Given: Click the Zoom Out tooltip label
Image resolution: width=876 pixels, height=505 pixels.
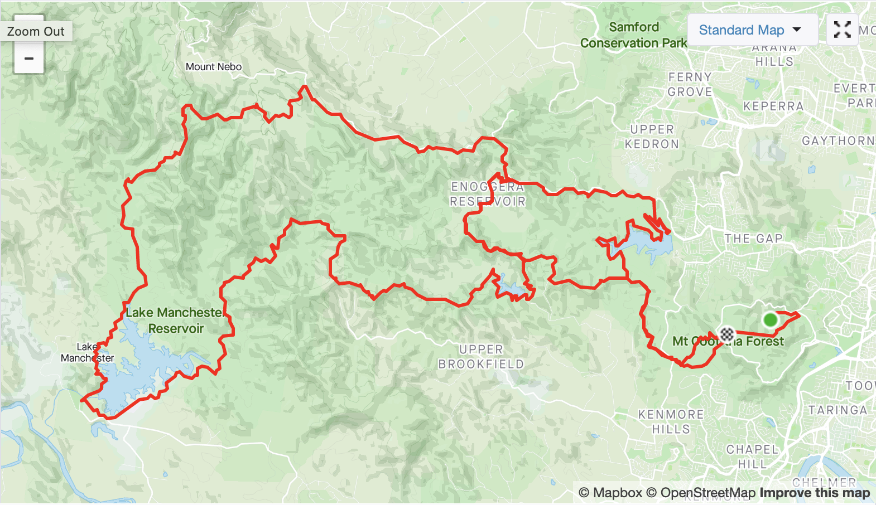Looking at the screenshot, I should point(36,31).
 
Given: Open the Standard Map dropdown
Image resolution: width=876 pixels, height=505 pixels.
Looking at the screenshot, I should point(750,30).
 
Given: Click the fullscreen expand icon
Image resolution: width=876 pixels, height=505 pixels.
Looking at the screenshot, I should point(842,30).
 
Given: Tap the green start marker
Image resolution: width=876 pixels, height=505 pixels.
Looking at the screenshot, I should point(770,320).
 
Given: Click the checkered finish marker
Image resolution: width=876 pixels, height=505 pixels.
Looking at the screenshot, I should point(726,334).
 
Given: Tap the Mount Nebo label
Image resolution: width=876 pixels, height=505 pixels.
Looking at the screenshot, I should point(214,67).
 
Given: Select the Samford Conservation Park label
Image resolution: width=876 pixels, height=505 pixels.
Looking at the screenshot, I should point(634,35).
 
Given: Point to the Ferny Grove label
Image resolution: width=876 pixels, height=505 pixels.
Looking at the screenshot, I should point(690,85).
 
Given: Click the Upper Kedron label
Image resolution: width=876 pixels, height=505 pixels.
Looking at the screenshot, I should point(652,137).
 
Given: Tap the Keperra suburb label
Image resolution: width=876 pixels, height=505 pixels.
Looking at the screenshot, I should point(773,106).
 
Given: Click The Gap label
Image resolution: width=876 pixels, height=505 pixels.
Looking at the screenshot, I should point(753,239).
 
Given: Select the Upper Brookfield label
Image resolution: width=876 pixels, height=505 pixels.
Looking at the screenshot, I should point(481,357).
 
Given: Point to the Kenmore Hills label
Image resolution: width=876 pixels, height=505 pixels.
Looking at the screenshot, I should point(671,422).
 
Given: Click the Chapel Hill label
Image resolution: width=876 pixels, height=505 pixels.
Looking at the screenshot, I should point(752,457).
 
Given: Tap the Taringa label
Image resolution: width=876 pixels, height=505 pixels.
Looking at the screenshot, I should point(838,410).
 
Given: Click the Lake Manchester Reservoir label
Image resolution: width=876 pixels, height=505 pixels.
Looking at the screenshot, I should point(175,321).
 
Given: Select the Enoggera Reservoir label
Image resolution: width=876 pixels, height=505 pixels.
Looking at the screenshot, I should point(488,194).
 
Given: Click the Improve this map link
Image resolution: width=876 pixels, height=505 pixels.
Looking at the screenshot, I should point(815,493).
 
